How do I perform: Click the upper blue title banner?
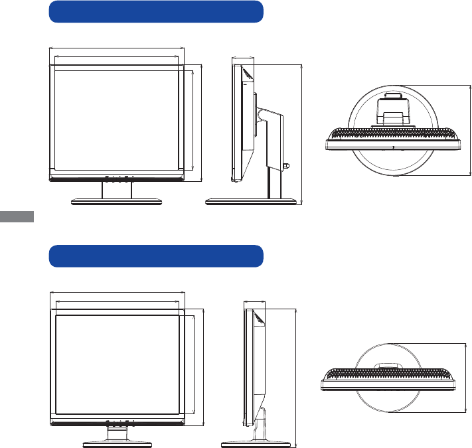click(157, 12)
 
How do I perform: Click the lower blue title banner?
click(157, 256)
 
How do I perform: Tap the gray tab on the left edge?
click(17, 217)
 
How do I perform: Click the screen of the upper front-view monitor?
click(117, 119)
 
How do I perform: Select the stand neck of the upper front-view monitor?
click(117, 190)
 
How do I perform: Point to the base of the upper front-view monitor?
click(117, 201)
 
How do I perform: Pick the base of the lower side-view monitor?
click(256, 442)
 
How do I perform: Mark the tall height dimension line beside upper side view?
click(301, 133)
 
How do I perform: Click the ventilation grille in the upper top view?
click(394, 132)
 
